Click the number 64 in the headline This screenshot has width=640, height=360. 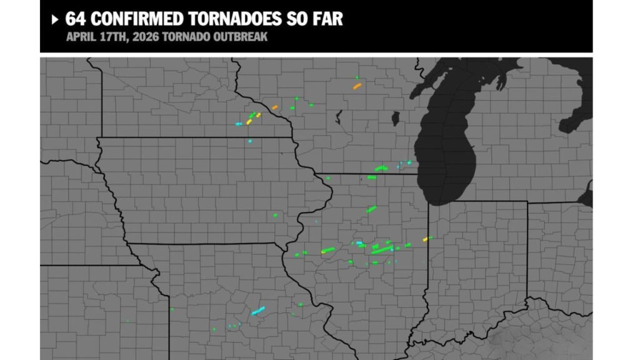click(76, 19)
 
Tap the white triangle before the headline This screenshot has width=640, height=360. click(55, 19)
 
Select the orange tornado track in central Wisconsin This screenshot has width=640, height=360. click(357, 86)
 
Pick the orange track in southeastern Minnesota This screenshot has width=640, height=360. click(274, 107)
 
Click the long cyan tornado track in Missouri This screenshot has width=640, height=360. click(258, 310)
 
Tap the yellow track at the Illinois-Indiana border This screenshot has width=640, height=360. click(426, 239)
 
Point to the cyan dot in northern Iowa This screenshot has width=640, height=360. click(250, 142)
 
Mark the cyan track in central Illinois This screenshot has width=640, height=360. click(360, 243)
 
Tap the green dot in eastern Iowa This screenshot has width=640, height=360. click(275, 216)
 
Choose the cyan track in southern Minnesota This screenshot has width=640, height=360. click(238, 124)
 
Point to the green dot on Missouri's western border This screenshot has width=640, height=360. click(172, 309)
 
